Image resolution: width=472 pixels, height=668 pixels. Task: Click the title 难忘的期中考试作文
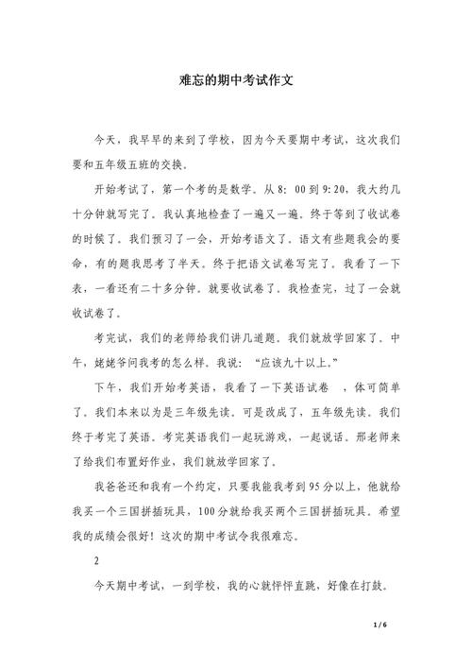pos(236,81)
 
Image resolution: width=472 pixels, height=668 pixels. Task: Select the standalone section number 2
pos(97,560)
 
